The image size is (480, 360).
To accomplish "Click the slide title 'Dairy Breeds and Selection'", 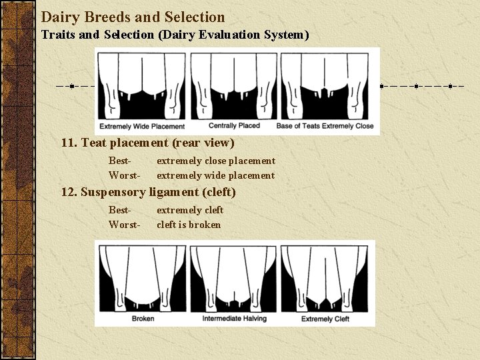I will coord(133,17).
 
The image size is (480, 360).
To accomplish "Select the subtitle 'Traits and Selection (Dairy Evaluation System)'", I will coord(175,35).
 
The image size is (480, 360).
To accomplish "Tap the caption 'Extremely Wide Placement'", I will coord(142,127).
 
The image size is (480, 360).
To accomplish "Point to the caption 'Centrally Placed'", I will coord(234,125).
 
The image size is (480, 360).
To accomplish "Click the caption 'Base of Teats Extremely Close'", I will coord(325,126).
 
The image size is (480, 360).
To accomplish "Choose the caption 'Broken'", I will coord(143,319).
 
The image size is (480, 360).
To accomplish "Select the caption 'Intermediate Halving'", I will coord(234,319).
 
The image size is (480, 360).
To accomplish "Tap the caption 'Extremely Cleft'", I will coord(325,319).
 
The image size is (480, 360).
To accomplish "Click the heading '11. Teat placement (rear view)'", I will coord(147,143).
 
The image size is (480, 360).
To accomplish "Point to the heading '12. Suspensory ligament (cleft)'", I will coord(148,192).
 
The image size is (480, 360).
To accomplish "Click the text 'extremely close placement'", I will coord(215,161).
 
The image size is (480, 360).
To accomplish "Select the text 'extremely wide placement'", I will coord(215,175).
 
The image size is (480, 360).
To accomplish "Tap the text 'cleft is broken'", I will coord(189,225).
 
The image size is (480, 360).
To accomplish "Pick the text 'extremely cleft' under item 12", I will coord(190,210).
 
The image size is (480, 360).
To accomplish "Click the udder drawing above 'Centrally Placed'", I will coord(234,86).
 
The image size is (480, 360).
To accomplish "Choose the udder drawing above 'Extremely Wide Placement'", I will coord(142,86).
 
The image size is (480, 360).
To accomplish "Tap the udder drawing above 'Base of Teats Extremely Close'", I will coord(325,86).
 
